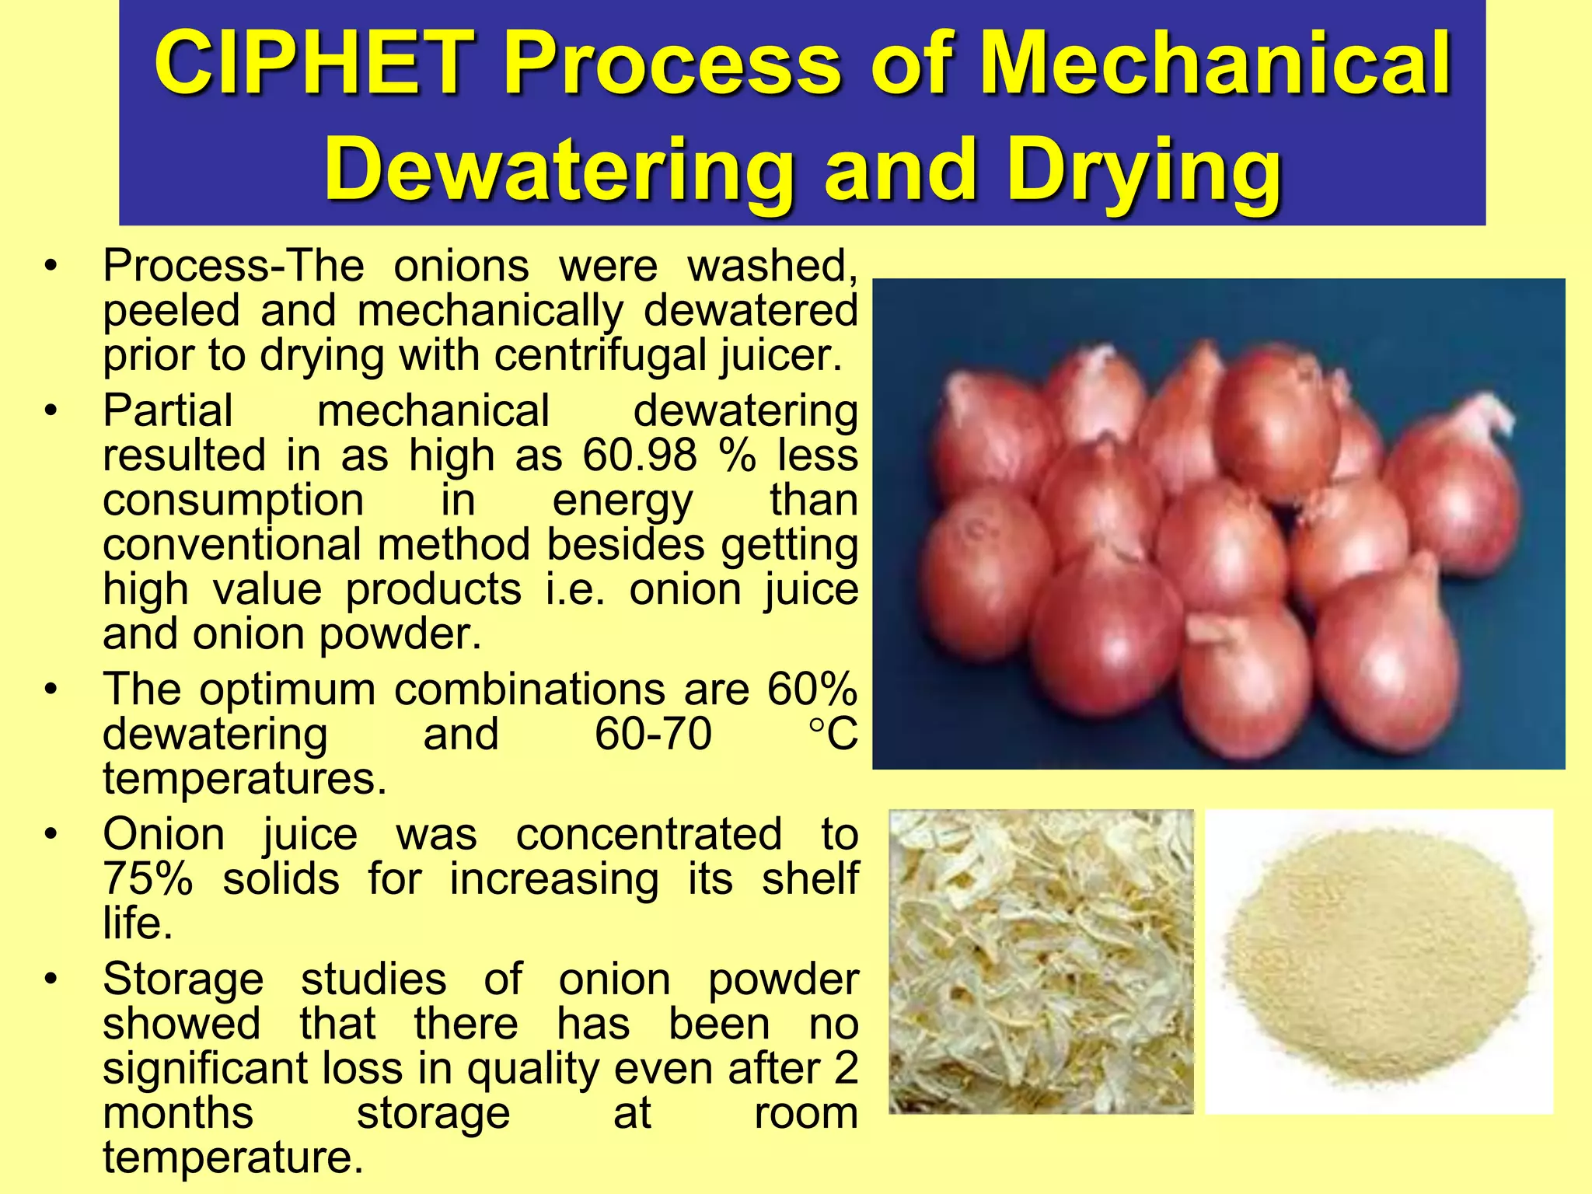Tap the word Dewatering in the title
point(558,169)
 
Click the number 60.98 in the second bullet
point(639,456)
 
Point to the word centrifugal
point(600,356)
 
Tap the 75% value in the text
point(148,879)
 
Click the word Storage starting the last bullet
point(183,979)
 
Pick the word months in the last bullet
point(178,1113)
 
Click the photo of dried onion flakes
point(1041,962)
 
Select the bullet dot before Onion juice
point(51,835)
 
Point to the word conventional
point(232,544)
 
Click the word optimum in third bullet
point(287,690)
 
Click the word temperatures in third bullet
point(244,779)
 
